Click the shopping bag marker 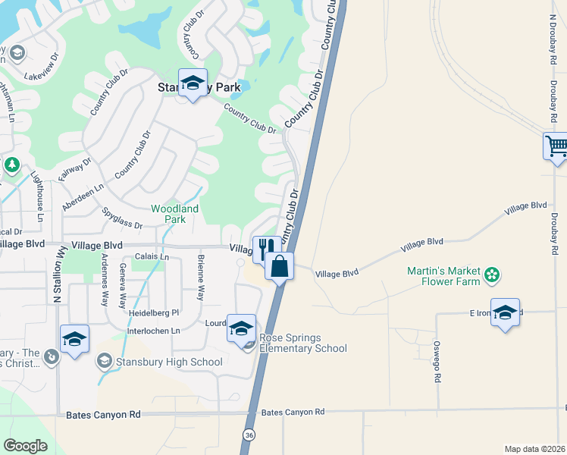pyautogui.click(x=280, y=267)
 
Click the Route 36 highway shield pyautogui.click(x=249, y=435)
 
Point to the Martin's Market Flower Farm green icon pyautogui.click(x=492, y=275)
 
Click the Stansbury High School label pyautogui.click(x=169, y=362)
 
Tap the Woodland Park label pyautogui.click(x=174, y=214)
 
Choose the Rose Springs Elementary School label pyautogui.click(x=303, y=343)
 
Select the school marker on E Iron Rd pyautogui.click(x=505, y=312)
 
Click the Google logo pyautogui.click(x=26, y=446)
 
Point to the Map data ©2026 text pyautogui.click(x=534, y=449)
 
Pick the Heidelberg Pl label pyautogui.click(x=154, y=312)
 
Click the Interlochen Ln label pyautogui.click(x=154, y=331)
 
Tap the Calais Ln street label pyautogui.click(x=151, y=257)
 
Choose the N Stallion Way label pyautogui.click(x=57, y=273)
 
